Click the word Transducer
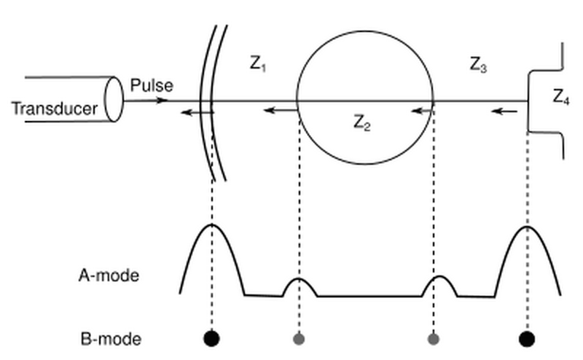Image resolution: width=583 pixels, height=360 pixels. tap(54, 110)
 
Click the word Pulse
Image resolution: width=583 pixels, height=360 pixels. tap(152, 85)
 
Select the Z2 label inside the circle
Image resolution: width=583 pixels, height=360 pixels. tap(362, 123)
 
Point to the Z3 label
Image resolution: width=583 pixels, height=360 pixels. tap(478, 65)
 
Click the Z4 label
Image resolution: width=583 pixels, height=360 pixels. tap(560, 97)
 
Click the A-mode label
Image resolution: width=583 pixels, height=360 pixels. tap(109, 275)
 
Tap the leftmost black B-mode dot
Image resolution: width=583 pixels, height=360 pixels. tap(211, 338)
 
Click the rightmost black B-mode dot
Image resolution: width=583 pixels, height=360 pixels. tap(526, 338)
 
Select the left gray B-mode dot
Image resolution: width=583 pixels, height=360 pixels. tap(299, 338)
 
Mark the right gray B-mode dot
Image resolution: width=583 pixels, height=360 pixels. tap(434, 338)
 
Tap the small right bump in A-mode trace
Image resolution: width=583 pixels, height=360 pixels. tap(439, 278)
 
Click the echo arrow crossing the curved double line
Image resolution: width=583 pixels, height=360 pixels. tap(197, 111)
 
